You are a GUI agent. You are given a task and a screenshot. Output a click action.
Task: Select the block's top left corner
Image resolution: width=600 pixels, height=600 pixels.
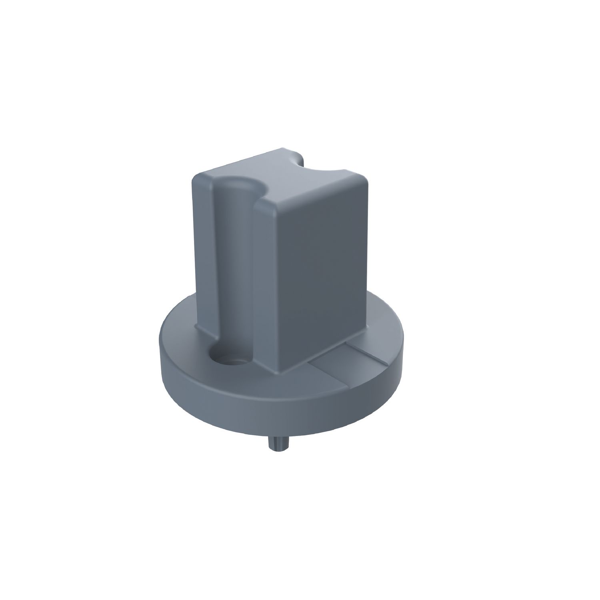[196, 176]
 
